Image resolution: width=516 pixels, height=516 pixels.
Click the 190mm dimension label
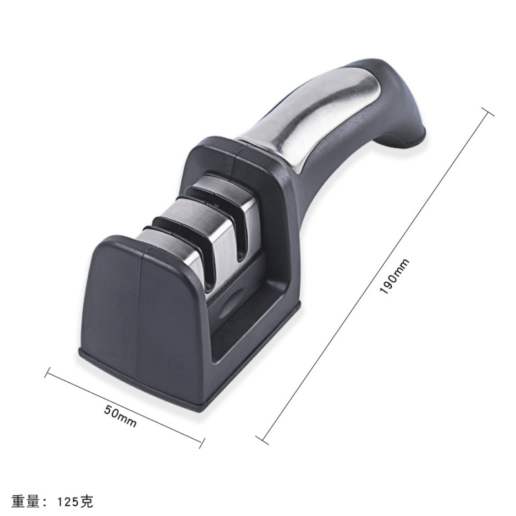(x=394, y=276)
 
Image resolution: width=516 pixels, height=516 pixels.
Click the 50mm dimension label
(x=120, y=415)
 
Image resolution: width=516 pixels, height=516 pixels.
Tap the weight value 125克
(x=75, y=501)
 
